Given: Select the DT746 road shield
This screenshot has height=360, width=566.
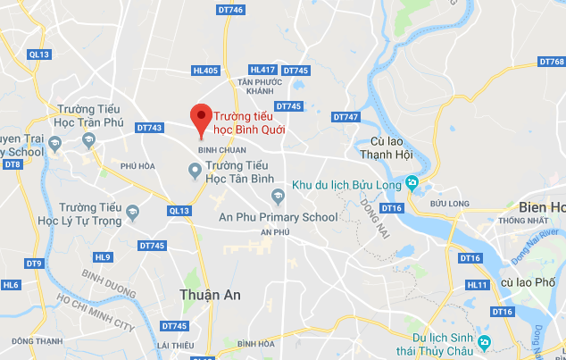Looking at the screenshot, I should pyautogui.click(x=229, y=10).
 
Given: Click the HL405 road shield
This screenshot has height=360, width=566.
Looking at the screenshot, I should pyautogui.click(x=204, y=71).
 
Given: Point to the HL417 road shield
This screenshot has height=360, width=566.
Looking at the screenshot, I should pyautogui.click(x=263, y=70).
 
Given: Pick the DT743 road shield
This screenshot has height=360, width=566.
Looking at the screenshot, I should pyautogui.click(x=151, y=128).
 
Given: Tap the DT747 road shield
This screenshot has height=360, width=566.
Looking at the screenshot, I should pyautogui.click(x=345, y=117).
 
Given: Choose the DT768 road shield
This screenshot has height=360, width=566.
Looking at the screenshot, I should pyautogui.click(x=552, y=63).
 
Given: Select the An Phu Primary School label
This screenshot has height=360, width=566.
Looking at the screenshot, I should pyautogui.click(x=279, y=217).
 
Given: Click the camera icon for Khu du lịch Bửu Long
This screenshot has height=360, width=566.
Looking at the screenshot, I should pyautogui.click(x=412, y=183).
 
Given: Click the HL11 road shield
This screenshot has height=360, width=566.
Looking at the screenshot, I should pyautogui.click(x=479, y=285).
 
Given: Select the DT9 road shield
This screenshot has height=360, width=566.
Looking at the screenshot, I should pyautogui.click(x=34, y=264).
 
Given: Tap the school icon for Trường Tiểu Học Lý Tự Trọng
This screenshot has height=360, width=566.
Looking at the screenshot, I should pyautogui.click(x=133, y=213).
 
